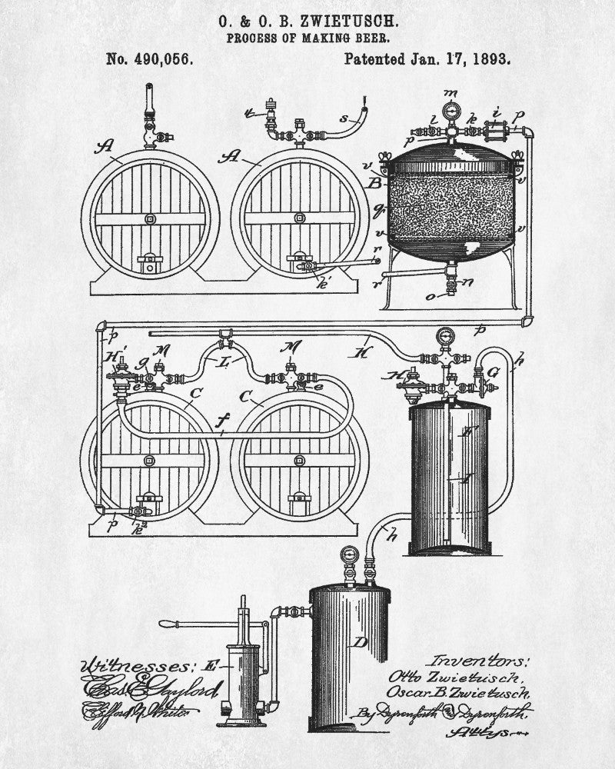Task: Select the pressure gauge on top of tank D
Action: pos(351,555)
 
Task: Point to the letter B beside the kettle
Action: pos(375,183)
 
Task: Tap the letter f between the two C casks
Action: pos(223,421)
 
